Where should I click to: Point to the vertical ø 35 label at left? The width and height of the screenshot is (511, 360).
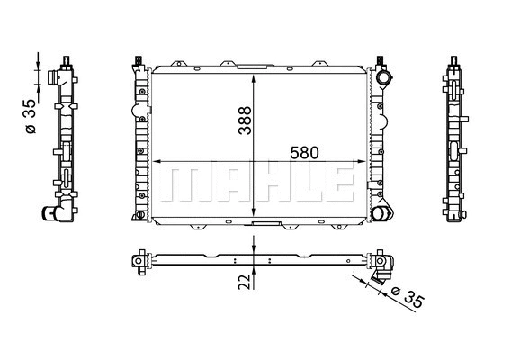30,116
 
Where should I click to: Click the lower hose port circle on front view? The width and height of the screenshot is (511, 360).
384,214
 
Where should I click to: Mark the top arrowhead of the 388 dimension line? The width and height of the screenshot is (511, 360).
256,75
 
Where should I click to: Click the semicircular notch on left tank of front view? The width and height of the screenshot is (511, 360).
139,112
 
